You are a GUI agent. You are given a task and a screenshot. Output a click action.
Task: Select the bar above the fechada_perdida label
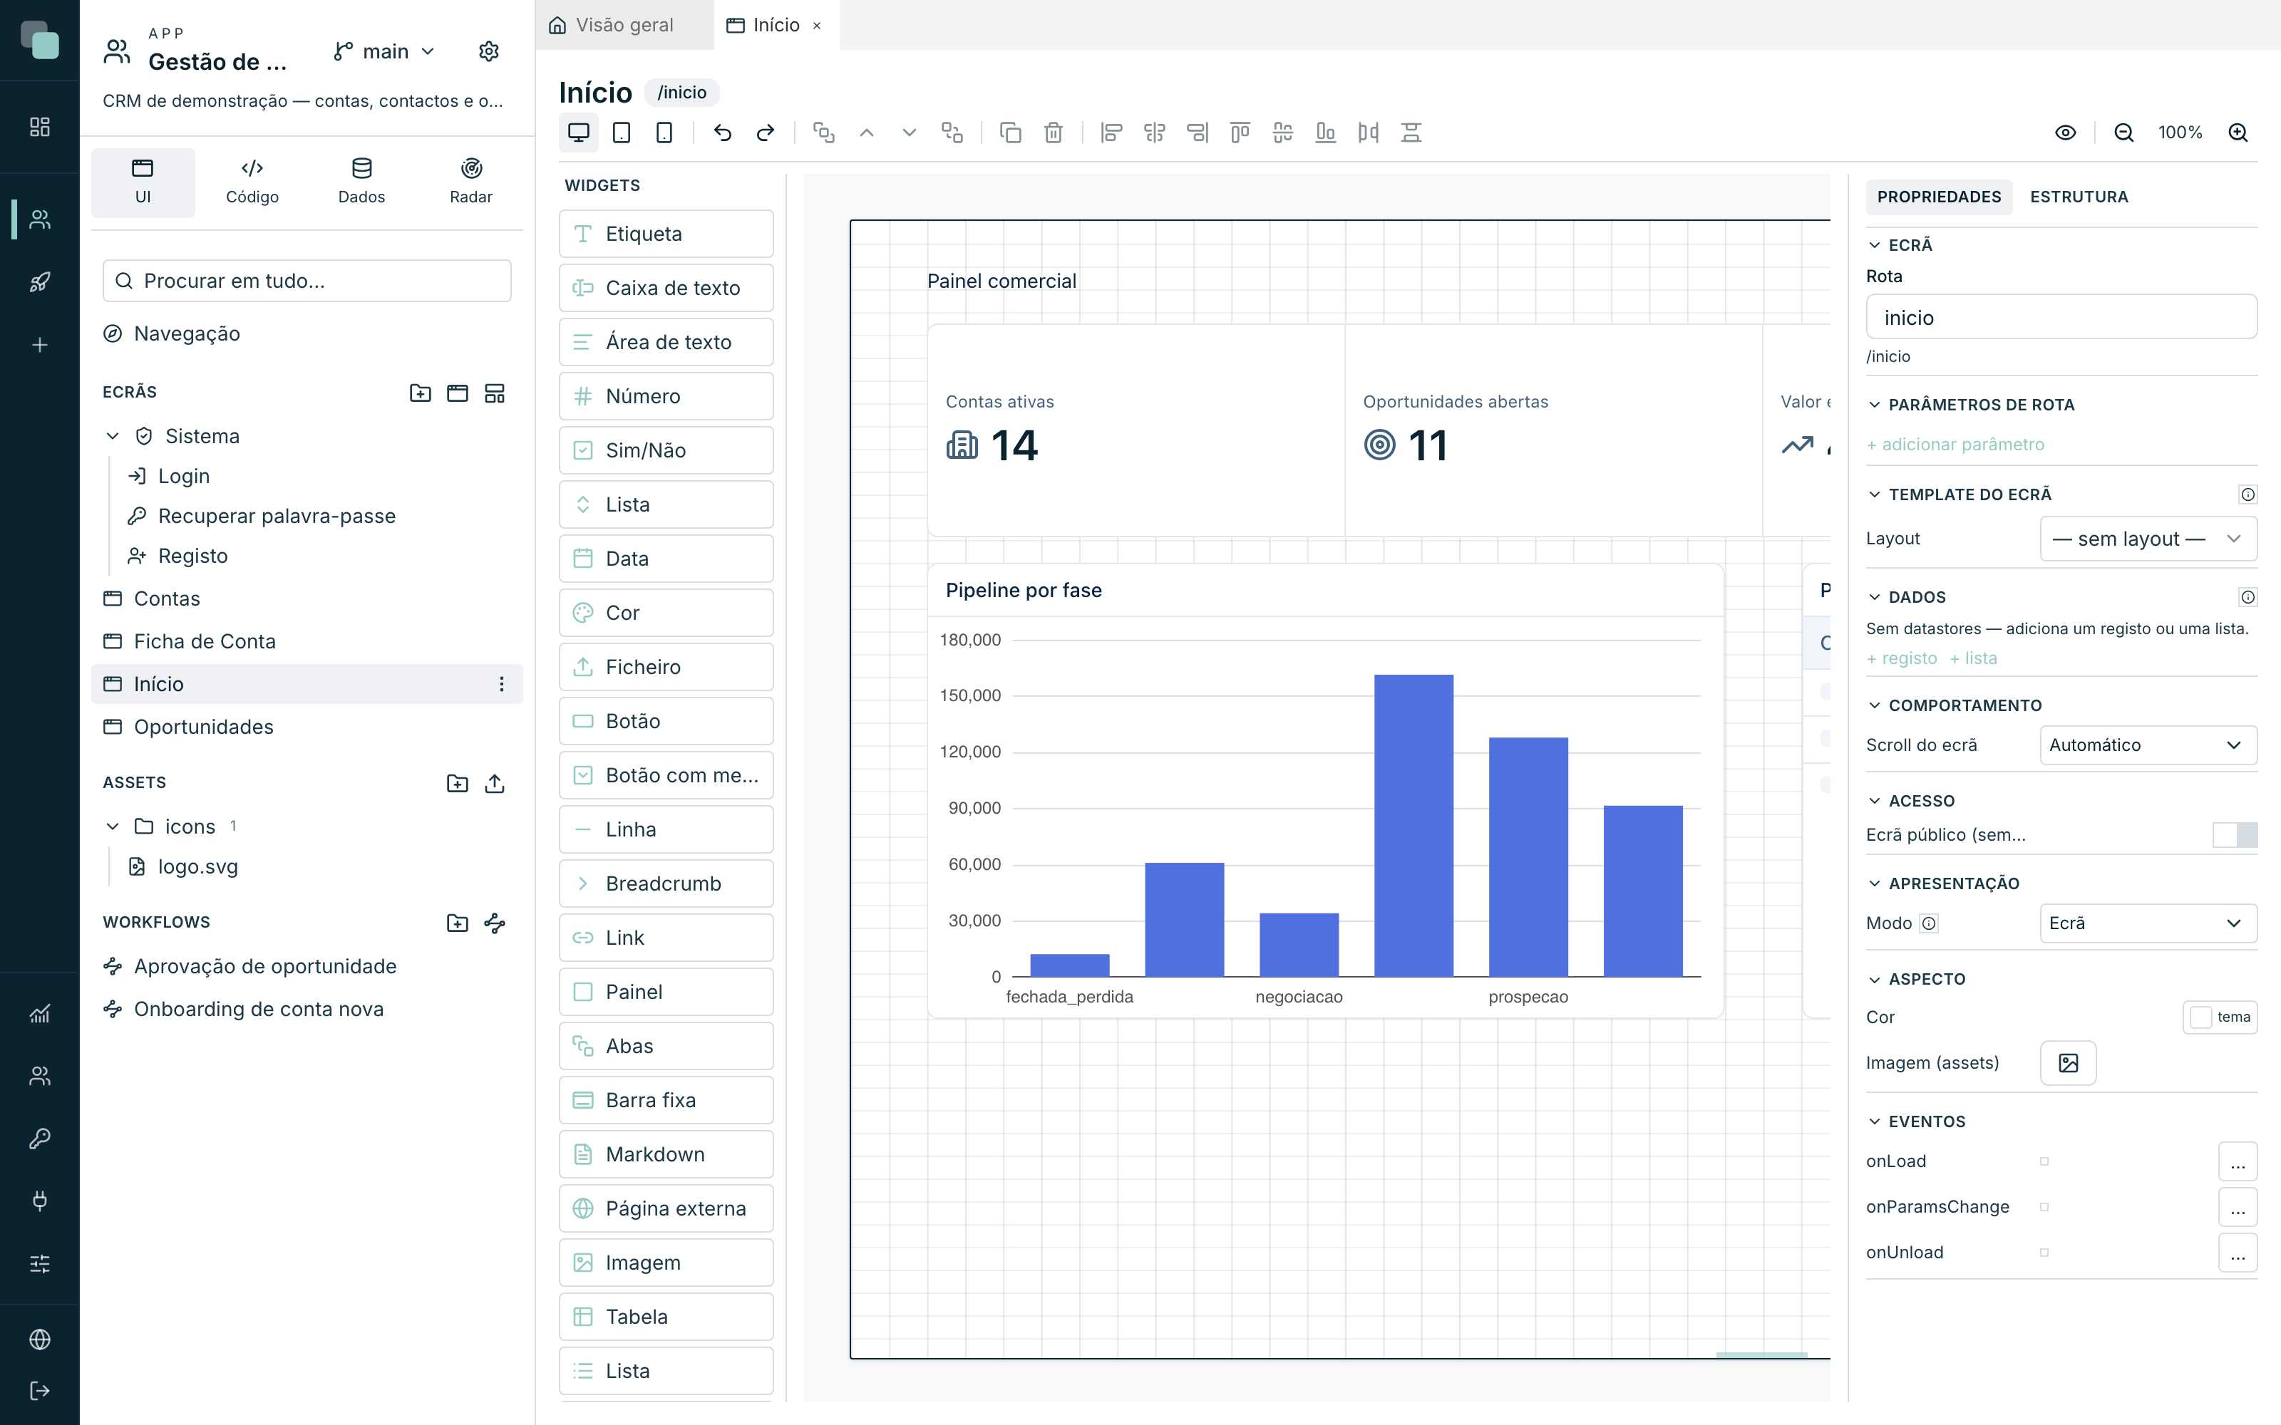[x=1070, y=965]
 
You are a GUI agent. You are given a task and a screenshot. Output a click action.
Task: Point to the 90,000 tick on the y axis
[x=974, y=808]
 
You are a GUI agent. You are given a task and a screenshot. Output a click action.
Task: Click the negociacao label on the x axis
[x=1299, y=996]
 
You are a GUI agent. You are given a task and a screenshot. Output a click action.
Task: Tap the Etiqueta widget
[x=666, y=234]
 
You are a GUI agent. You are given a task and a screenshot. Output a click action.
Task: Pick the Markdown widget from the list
[x=666, y=1154]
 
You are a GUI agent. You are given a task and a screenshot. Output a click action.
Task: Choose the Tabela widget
[x=666, y=1317]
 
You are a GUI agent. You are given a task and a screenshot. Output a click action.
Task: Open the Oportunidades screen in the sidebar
[x=204, y=727]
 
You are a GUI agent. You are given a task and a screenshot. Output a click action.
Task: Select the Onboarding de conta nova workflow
[x=258, y=1010]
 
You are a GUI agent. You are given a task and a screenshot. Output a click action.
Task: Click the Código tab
[x=252, y=182]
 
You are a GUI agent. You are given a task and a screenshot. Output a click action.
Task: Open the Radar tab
[x=470, y=182]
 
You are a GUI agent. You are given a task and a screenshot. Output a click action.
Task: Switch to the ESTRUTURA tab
[x=2079, y=197]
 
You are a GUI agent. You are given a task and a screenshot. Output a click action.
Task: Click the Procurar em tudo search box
[x=307, y=281]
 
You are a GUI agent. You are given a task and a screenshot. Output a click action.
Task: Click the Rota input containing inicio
[x=2061, y=318]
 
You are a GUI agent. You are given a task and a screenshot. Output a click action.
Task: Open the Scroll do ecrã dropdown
[x=2147, y=745]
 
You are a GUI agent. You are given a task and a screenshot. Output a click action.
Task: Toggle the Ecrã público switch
[x=2234, y=835]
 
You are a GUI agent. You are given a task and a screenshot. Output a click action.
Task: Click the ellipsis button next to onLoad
[x=2237, y=1162]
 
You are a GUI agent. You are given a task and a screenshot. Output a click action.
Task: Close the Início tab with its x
[x=817, y=26]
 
